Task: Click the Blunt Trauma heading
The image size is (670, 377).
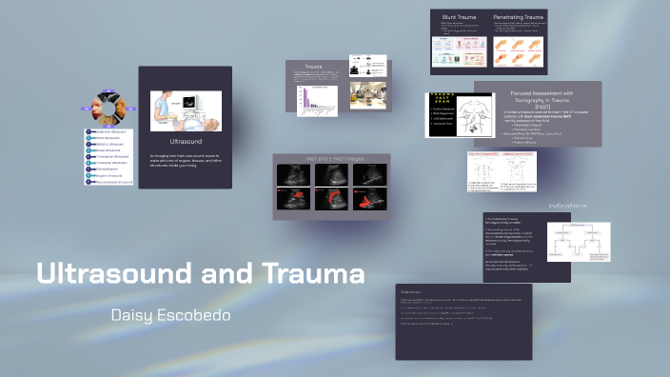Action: click(x=457, y=17)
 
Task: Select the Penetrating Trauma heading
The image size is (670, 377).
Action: click(x=519, y=17)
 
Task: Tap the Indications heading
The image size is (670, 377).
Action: click(x=567, y=206)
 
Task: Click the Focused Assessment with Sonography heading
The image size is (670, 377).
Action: click(x=538, y=97)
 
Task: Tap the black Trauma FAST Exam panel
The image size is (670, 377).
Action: click(x=446, y=114)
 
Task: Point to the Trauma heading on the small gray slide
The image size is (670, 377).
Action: click(x=313, y=67)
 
